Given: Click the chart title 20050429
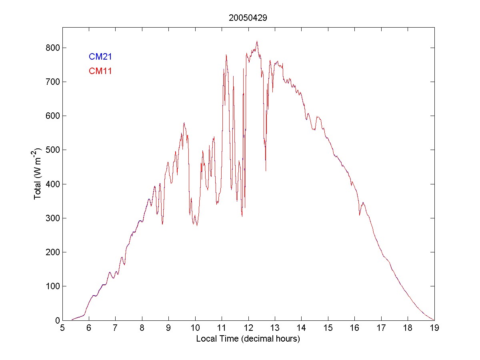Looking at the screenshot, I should pos(248,18).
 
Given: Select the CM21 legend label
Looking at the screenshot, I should pos(100,56).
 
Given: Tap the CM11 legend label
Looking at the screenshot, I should pos(100,71).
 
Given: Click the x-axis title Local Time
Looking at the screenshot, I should pos(248,339).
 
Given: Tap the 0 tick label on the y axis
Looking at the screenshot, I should pos(56,320).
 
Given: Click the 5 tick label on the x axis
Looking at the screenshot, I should pos(62,328).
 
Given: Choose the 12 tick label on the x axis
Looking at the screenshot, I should pos(248,328).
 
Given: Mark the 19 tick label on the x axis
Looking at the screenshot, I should pos(434,328).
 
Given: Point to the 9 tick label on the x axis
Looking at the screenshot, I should pos(169,328).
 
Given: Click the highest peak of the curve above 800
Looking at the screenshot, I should pos(257,41).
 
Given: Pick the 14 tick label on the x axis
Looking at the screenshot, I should pos(302,328).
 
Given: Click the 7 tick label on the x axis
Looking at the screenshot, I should pos(116,328).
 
